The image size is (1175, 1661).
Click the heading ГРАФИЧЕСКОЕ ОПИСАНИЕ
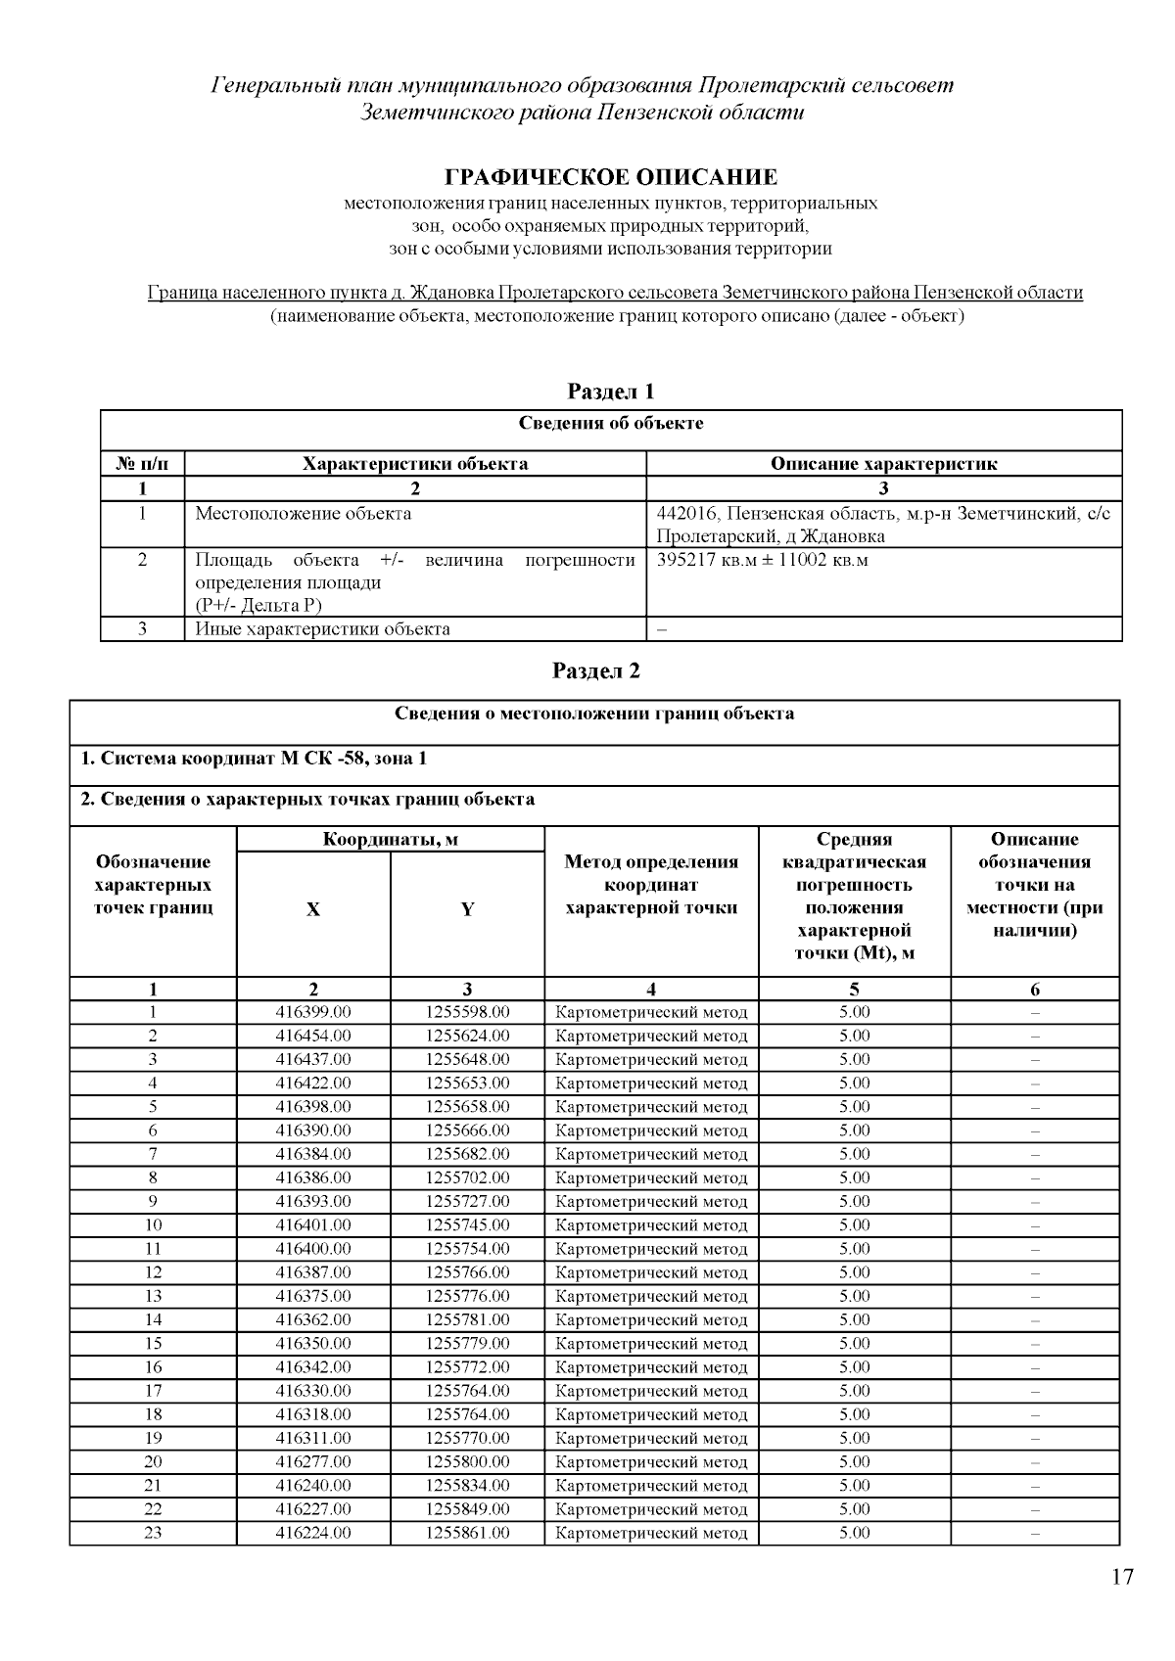click(x=611, y=177)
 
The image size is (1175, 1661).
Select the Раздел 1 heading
click(x=611, y=392)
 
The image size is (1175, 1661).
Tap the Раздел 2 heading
click(x=595, y=670)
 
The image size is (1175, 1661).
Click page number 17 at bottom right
click(x=1122, y=1577)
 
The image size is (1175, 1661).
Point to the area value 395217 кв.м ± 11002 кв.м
click(x=762, y=560)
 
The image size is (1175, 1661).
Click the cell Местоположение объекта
click(x=303, y=513)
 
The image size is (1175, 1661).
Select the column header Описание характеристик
click(x=883, y=464)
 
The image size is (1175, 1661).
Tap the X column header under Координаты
click(x=312, y=909)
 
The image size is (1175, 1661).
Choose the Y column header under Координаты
click(x=467, y=909)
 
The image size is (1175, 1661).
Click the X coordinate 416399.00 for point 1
click(x=312, y=1012)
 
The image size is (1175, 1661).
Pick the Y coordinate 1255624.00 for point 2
click(x=467, y=1036)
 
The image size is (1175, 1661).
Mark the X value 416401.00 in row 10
click(x=312, y=1225)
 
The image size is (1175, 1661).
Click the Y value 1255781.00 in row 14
click(x=467, y=1319)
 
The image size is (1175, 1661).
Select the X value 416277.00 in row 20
click(x=312, y=1462)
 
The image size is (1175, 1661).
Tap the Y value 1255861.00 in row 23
click(x=467, y=1533)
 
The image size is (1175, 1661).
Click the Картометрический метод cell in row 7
click(x=651, y=1154)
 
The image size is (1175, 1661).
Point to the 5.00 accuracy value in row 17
click(x=854, y=1391)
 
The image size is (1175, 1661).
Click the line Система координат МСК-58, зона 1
click(x=254, y=759)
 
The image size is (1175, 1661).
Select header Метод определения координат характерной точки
click(x=651, y=885)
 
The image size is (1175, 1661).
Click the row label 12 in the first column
click(x=153, y=1272)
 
